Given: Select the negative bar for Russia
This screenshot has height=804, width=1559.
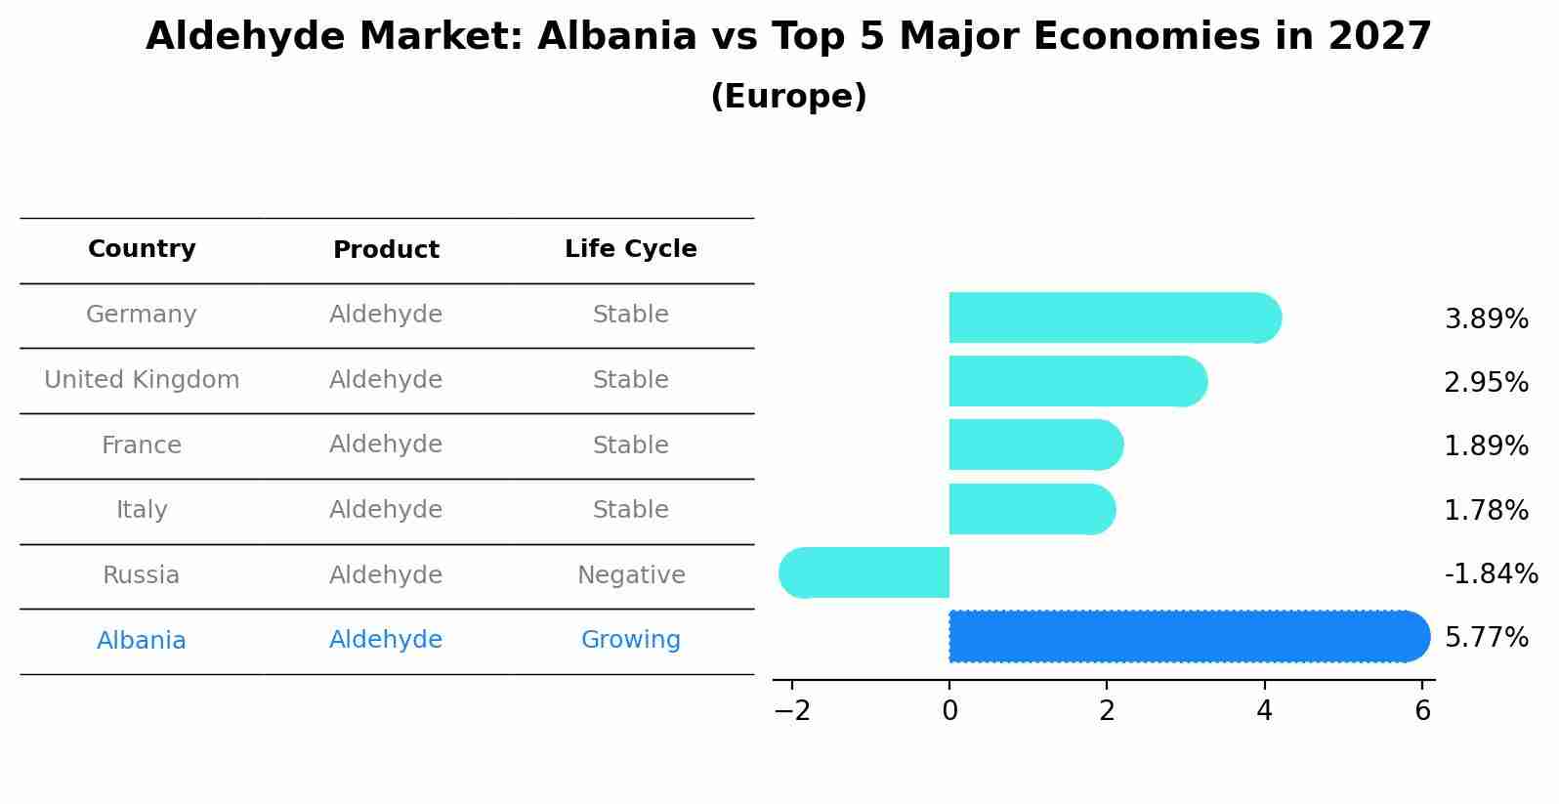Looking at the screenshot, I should pos(864,572).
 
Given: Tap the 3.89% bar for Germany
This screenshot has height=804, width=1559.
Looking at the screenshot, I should pos(1114,317).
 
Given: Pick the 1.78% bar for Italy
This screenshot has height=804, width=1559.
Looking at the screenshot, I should pos(1032,509).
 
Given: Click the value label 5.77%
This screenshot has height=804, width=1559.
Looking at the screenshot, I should pos(1486,638).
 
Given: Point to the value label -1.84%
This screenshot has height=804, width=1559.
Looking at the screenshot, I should pos(1491,573).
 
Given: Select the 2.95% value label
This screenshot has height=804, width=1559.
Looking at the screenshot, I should pos(1486,382).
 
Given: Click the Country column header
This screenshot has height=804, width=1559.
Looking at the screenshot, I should pos(142,249).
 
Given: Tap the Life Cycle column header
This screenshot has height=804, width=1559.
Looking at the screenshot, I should pos(631,249).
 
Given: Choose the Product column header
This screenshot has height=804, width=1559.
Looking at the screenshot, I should pos(386,250).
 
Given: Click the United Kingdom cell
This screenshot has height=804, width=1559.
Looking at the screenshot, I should pos(142,380).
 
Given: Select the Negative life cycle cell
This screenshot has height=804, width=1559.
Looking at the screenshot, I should pos(631,575).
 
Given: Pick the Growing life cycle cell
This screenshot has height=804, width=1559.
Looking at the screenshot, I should pos(631,640).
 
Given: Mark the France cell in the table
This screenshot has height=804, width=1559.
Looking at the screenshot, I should pos(142,445).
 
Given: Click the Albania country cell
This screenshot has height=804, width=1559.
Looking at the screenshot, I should pos(142,641).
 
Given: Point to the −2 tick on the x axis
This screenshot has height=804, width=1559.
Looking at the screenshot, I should pos(792,711).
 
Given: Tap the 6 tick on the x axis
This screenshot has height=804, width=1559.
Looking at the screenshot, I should pos(1422,711).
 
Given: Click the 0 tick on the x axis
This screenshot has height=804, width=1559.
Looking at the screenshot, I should pos(949,711).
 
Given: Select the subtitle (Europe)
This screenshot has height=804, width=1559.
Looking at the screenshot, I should pos(788,97).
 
